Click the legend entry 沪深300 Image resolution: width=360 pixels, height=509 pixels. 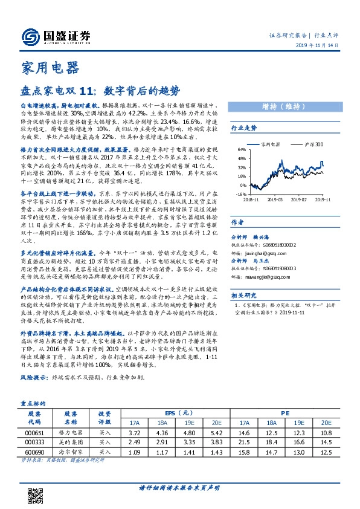[313, 144]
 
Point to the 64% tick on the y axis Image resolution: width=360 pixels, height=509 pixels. [241, 149]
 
